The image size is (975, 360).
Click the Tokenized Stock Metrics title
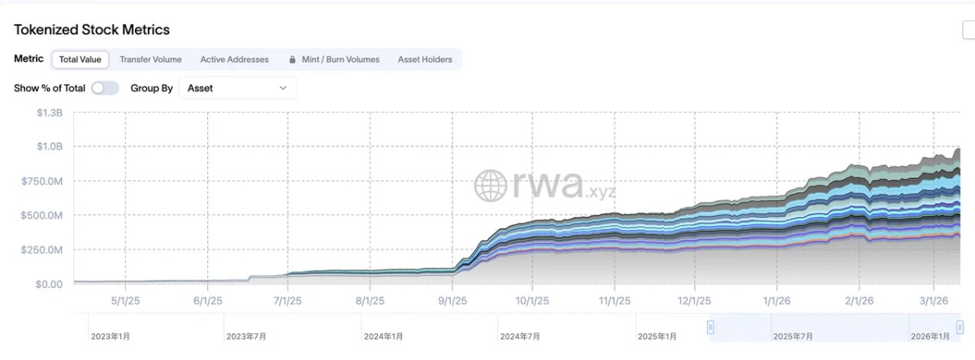pos(92,30)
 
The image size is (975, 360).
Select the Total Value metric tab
pos(80,59)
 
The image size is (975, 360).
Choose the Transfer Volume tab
pos(150,59)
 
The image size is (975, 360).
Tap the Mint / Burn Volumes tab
pos(340,59)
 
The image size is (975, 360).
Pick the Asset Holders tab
pos(425,59)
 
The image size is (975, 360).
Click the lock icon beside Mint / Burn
pos(292,59)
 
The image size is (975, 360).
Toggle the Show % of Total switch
pos(105,88)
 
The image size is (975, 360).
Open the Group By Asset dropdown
pos(237,88)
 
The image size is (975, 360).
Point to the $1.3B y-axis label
pos(50,113)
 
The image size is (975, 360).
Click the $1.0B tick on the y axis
pos(50,147)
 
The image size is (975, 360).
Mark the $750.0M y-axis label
pos(41,181)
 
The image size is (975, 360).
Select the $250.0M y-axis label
pos(41,250)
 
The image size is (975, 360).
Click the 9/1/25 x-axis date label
pos(453,300)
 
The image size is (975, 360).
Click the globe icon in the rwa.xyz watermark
pos(491,185)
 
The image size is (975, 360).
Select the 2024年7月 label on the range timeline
pos(520,336)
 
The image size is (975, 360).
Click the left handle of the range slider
pos(710,327)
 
